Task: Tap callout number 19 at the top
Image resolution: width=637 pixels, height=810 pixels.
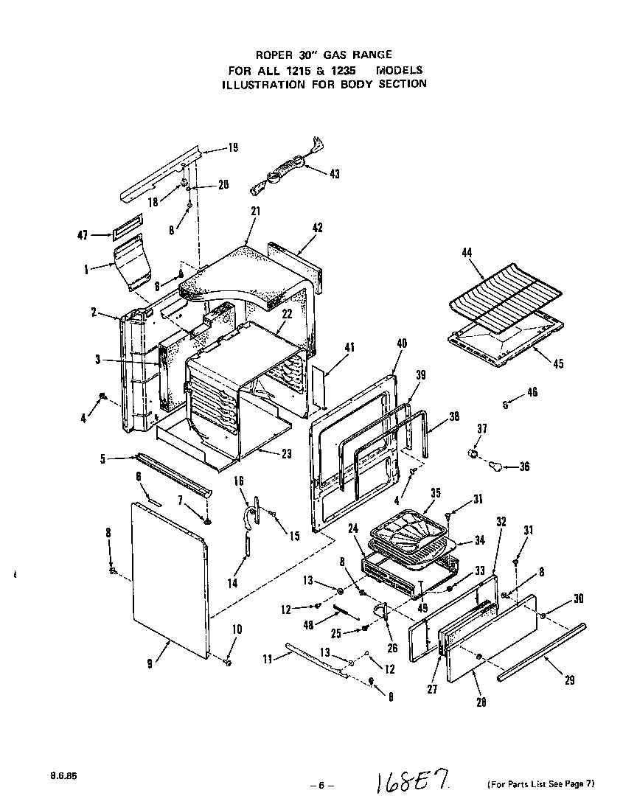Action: click(x=232, y=147)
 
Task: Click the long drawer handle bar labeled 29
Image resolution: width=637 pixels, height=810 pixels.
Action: click(x=542, y=649)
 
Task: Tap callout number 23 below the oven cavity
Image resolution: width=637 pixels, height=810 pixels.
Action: click(x=286, y=454)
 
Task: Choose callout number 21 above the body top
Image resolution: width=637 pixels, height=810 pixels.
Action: click(x=257, y=211)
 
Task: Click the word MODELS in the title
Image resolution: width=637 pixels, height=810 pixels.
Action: click(x=399, y=70)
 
